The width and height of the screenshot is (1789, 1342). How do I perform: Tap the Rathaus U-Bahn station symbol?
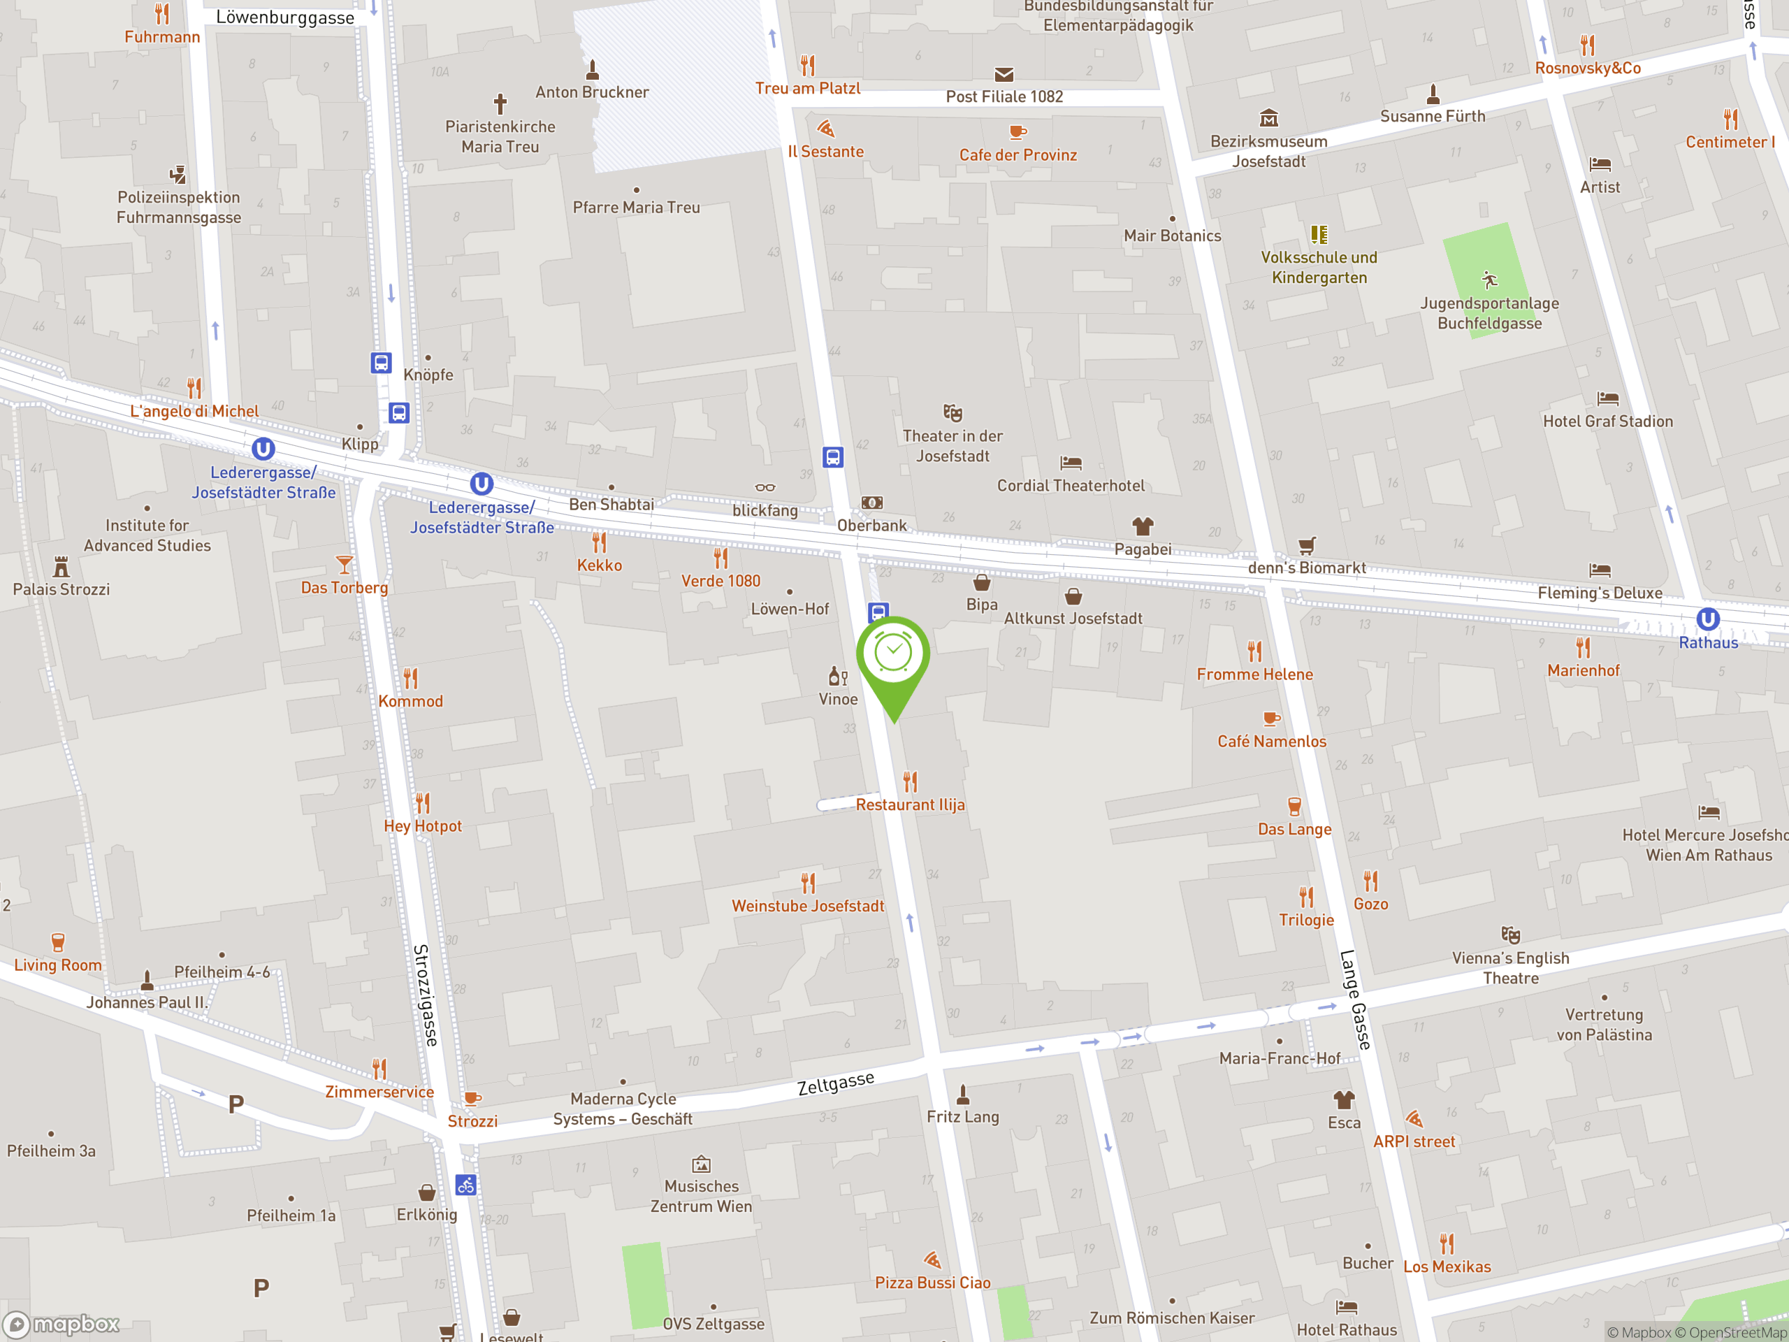[1707, 620]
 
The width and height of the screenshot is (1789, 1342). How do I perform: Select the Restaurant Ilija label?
[910, 805]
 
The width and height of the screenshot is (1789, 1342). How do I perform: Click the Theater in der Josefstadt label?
[952, 446]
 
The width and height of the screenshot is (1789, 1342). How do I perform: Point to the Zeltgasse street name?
[836, 1082]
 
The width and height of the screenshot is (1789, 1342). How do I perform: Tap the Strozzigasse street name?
[426, 995]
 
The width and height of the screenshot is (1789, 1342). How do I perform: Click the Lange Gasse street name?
[1356, 1000]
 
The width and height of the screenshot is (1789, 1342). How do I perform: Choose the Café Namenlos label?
[1271, 741]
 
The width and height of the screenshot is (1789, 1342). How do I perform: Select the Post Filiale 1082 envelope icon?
[1004, 74]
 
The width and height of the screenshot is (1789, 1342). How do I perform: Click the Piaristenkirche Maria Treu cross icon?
[500, 103]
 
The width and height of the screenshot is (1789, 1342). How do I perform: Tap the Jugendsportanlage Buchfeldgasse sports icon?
[1490, 280]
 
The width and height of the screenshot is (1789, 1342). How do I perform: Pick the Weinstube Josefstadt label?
[807, 906]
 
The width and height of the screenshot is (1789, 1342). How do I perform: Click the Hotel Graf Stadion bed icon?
[1608, 398]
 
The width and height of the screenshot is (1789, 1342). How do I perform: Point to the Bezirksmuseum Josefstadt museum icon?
[1269, 118]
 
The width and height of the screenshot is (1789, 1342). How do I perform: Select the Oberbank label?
[872, 525]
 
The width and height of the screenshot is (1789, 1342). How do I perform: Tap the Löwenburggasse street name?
[284, 17]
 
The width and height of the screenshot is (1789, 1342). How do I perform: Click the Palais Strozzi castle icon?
[61, 565]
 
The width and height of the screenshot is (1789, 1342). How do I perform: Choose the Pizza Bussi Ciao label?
[932, 1282]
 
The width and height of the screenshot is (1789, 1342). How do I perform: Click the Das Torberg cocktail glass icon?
[345, 564]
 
